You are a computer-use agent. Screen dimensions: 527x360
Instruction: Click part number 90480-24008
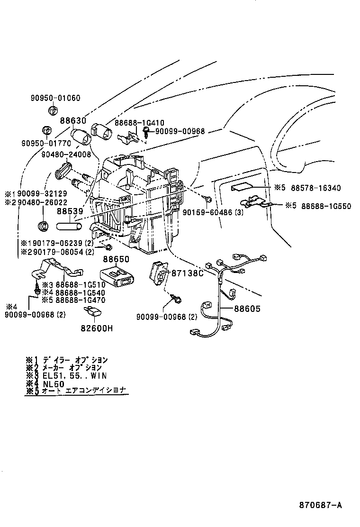[x=66, y=154]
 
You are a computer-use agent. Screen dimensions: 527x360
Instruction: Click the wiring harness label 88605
[x=247, y=309]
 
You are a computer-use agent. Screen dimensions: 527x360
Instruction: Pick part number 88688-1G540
[x=80, y=292]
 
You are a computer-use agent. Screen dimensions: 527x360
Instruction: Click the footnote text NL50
[x=53, y=383]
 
